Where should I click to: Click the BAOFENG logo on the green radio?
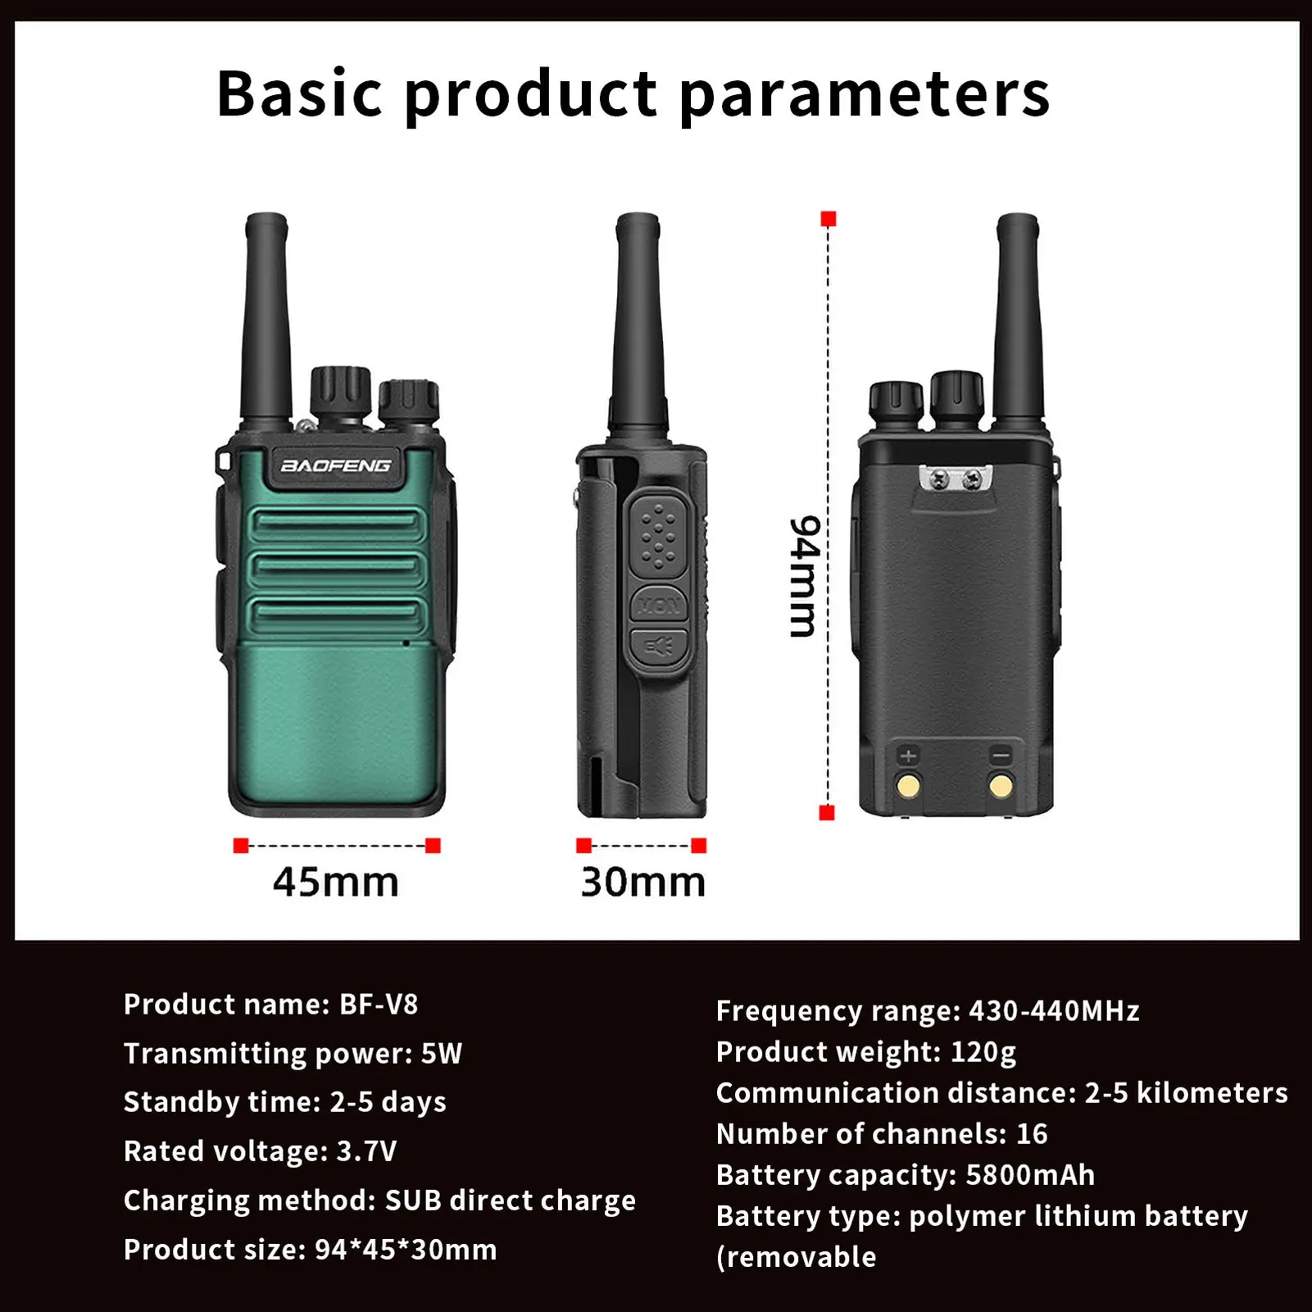(336, 466)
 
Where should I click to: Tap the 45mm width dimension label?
(336, 882)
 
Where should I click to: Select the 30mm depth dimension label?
(642, 882)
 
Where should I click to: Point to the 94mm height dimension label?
(804, 576)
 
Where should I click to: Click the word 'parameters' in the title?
(865, 93)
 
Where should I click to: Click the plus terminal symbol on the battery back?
(908, 756)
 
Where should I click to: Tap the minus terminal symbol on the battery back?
(1001, 756)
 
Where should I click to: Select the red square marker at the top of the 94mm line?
(829, 219)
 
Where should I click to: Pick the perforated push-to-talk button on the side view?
(658, 537)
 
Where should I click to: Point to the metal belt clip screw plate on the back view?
(956, 479)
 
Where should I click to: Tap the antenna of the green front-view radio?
(266, 320)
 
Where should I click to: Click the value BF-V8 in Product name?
(379, 1004)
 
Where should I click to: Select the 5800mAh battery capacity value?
(1030, 1175)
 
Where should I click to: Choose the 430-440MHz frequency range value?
(1054, 1011)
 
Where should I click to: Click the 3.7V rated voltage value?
(366, 1151)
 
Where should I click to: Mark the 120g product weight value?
(983, 1052)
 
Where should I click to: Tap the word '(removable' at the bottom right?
(796, 1257)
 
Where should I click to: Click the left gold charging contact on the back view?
(909, 786)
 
